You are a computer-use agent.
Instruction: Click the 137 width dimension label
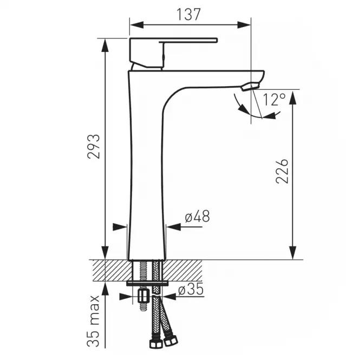coord(188,14)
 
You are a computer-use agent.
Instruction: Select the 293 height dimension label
coord(94,146)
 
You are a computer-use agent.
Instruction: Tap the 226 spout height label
coord(282,171)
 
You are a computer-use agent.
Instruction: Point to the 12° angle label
coord(274,100)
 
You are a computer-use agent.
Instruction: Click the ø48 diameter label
coord(197,217)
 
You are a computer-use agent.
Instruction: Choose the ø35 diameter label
coord(191,289)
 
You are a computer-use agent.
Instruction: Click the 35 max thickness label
coord(93,321)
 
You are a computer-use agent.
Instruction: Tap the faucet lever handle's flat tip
coord(216,41)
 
